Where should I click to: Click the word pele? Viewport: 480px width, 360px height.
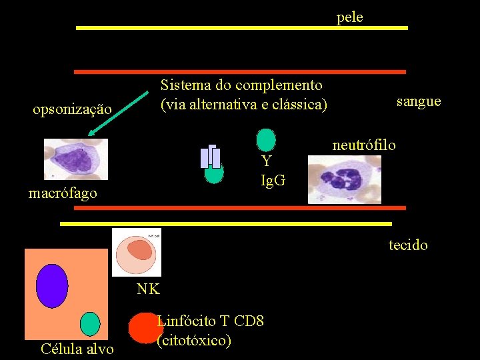349,17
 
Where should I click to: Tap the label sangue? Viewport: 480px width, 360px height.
418,101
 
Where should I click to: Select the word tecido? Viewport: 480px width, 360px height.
408,245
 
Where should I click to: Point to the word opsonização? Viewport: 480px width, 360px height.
72,108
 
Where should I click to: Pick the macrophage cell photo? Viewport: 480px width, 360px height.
75,159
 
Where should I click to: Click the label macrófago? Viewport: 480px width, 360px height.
63,194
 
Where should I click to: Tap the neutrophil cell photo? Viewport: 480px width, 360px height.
344,179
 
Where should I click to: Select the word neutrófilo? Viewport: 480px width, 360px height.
364,145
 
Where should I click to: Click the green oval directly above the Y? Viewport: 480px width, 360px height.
266,139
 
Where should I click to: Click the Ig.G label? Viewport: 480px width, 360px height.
273,179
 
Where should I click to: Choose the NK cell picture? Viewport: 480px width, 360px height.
136,251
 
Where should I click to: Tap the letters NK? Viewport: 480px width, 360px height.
147,289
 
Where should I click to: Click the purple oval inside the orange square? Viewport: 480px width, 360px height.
52,286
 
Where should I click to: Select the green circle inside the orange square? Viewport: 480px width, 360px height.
89,323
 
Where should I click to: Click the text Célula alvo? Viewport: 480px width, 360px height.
77,349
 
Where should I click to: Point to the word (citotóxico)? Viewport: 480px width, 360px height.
194,341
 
